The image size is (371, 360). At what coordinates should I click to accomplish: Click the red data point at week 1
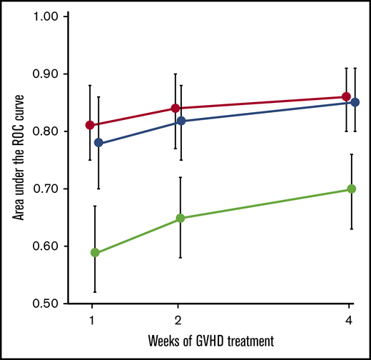pos(90,125)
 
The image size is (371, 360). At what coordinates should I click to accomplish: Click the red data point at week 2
pos(176,108)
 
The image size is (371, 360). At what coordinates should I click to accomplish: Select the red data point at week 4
pos(346,96)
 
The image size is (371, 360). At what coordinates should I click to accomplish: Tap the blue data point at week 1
pos(98,143)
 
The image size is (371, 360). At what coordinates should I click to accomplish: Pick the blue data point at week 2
pos(181,121)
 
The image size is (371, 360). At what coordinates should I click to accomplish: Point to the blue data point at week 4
pos(355,102)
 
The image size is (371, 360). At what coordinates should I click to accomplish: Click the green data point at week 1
pos(95,253)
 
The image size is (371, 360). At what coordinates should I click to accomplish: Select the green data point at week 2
pos(181,218)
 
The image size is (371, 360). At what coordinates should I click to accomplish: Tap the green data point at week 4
pos(351,189)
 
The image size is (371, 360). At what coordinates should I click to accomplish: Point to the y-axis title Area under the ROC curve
pos(16,159)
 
